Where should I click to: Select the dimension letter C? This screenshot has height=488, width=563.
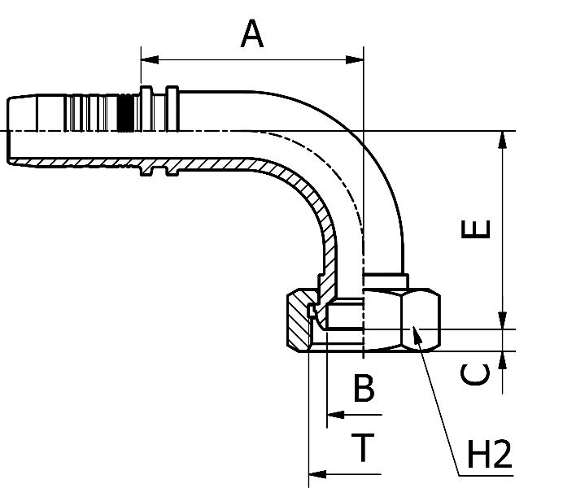pyautogui.click(x=477, y=374)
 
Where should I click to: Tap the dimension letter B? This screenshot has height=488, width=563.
pyautogui.click(x=364, y=389)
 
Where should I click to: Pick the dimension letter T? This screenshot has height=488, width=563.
pyautogui.click(x=364, y=447)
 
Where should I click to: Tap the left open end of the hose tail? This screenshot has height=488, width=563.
pyautogui.click(x=10, y=130)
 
